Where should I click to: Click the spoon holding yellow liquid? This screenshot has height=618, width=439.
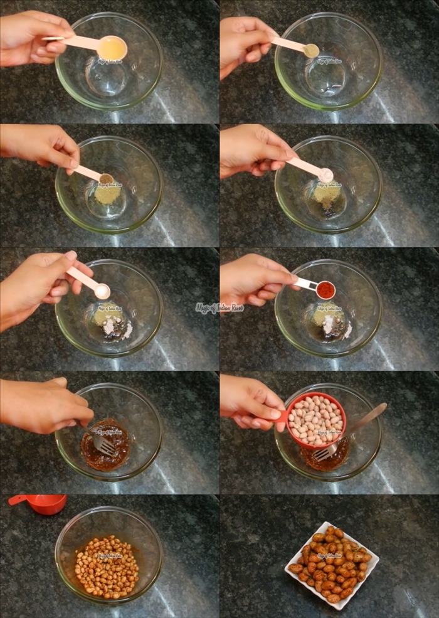111,47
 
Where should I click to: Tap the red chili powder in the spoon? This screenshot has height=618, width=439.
325,289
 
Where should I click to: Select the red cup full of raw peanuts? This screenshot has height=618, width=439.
316,419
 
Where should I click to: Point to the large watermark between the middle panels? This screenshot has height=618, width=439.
219,308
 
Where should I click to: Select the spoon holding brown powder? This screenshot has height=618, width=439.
105,179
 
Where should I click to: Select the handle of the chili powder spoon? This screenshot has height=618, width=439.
305,284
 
